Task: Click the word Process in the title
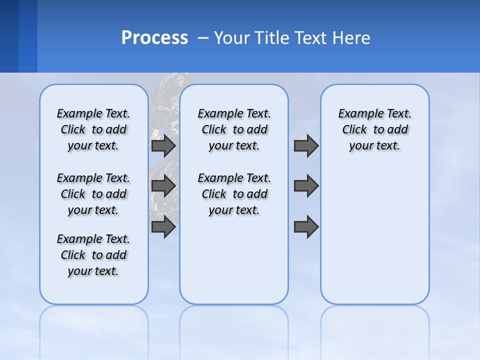(154, 38)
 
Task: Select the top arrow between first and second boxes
(163, 146)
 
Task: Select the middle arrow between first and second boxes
(163, 186)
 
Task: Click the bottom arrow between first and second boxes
(163, 227)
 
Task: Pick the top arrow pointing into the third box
(306, 146)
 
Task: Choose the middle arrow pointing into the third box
(306, 186)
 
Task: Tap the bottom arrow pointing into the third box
(306, 227)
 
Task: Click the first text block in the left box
(93, 129)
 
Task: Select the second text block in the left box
(93, 194)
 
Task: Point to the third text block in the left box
(93, 255)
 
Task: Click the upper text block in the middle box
(234, 129)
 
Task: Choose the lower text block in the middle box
(234, 194)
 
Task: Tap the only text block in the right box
(374, 129)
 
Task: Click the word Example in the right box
(356, 114)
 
